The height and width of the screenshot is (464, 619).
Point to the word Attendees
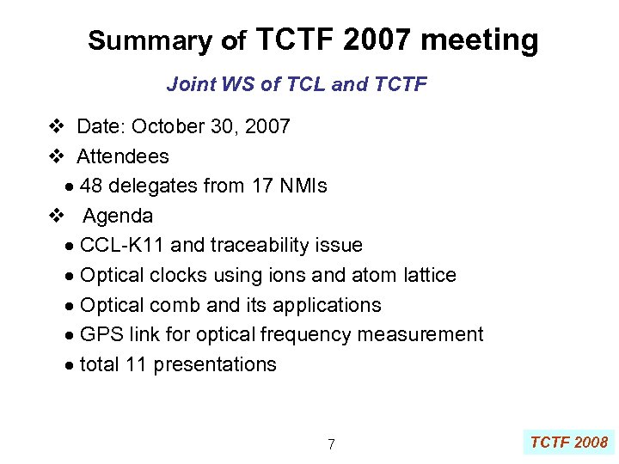pyautogui.click(x=123, y=156)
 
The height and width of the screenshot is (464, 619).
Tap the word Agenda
pyautogui.click(x=118, y=216)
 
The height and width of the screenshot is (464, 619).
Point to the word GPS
pyautogui.click(x=100, y=334)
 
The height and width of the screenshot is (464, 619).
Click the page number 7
pyautogui.click(x=331, y=444)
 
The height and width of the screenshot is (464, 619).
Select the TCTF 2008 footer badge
pyautogui.click(x=568, y=443)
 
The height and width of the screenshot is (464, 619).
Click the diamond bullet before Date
pyautogui.click(x=56, y=127)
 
